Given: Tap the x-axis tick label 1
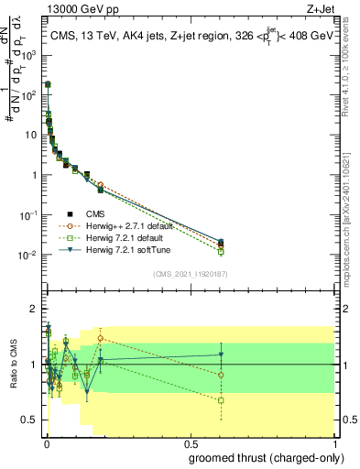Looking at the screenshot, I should coord(337,442).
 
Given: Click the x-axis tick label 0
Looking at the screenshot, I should coord(45,442).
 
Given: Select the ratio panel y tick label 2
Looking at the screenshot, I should coord(33,309).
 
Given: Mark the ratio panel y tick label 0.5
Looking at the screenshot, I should coord(29,420).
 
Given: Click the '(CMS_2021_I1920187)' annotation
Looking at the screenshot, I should coord(191,273).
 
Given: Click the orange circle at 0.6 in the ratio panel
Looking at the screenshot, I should coord(221,375).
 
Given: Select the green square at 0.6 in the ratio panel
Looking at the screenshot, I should coord(221,400).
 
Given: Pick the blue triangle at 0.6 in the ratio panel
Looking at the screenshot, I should coord(221,354).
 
